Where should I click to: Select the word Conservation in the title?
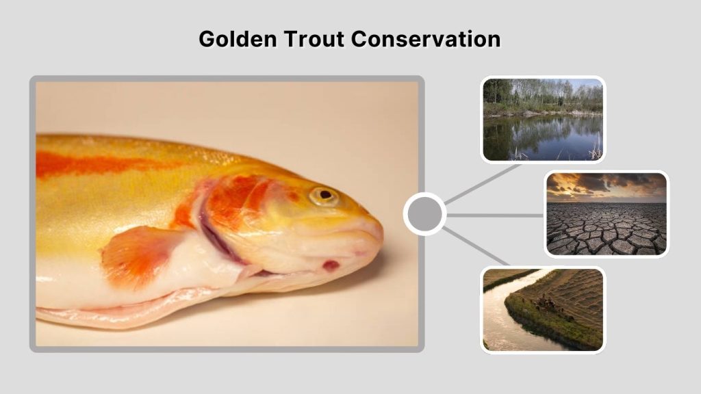click(426, 39)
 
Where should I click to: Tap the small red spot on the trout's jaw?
click(331, 265)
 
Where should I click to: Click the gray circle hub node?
click(424, 215)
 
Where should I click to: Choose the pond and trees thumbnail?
click(543, 120)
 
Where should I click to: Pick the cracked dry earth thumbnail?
click(606, 214)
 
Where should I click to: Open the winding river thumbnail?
click(543, 310)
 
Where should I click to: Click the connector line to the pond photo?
click(483, 183)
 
